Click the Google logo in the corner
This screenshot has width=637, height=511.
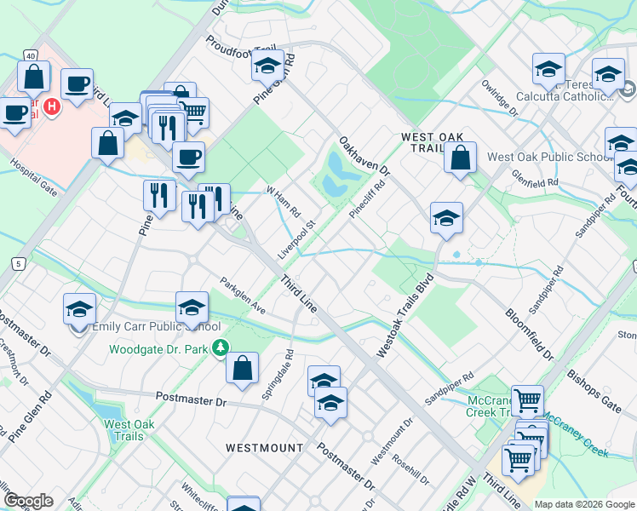tap(28, 501)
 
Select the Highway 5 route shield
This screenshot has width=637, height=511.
tap(17, 264)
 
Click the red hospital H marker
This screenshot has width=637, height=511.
tap(51, 106)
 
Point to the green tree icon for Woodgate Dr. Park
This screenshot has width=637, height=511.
tap(221, 347)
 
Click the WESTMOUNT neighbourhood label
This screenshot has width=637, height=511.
tap(265, 447)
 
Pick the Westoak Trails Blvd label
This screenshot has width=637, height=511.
tap(405, 303)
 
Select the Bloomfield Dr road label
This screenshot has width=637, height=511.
tap(529, 329)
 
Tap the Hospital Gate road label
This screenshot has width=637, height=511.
tap(33, 178)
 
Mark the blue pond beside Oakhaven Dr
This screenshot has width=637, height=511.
tap(341, 170)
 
